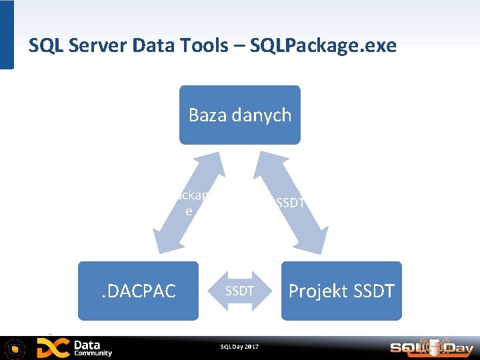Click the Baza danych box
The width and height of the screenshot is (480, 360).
[x=239, y=115]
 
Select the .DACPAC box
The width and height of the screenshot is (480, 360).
[x=138, y=291]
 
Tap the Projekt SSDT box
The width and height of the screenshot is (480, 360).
[x=341, y=291]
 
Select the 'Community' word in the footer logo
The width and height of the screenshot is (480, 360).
[x=93, y=353]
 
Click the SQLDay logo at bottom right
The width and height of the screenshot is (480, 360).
[x=431, y=347]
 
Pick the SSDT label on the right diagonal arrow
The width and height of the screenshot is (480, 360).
[x=290, y=203]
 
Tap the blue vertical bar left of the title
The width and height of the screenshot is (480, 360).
[x=7, y=35]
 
